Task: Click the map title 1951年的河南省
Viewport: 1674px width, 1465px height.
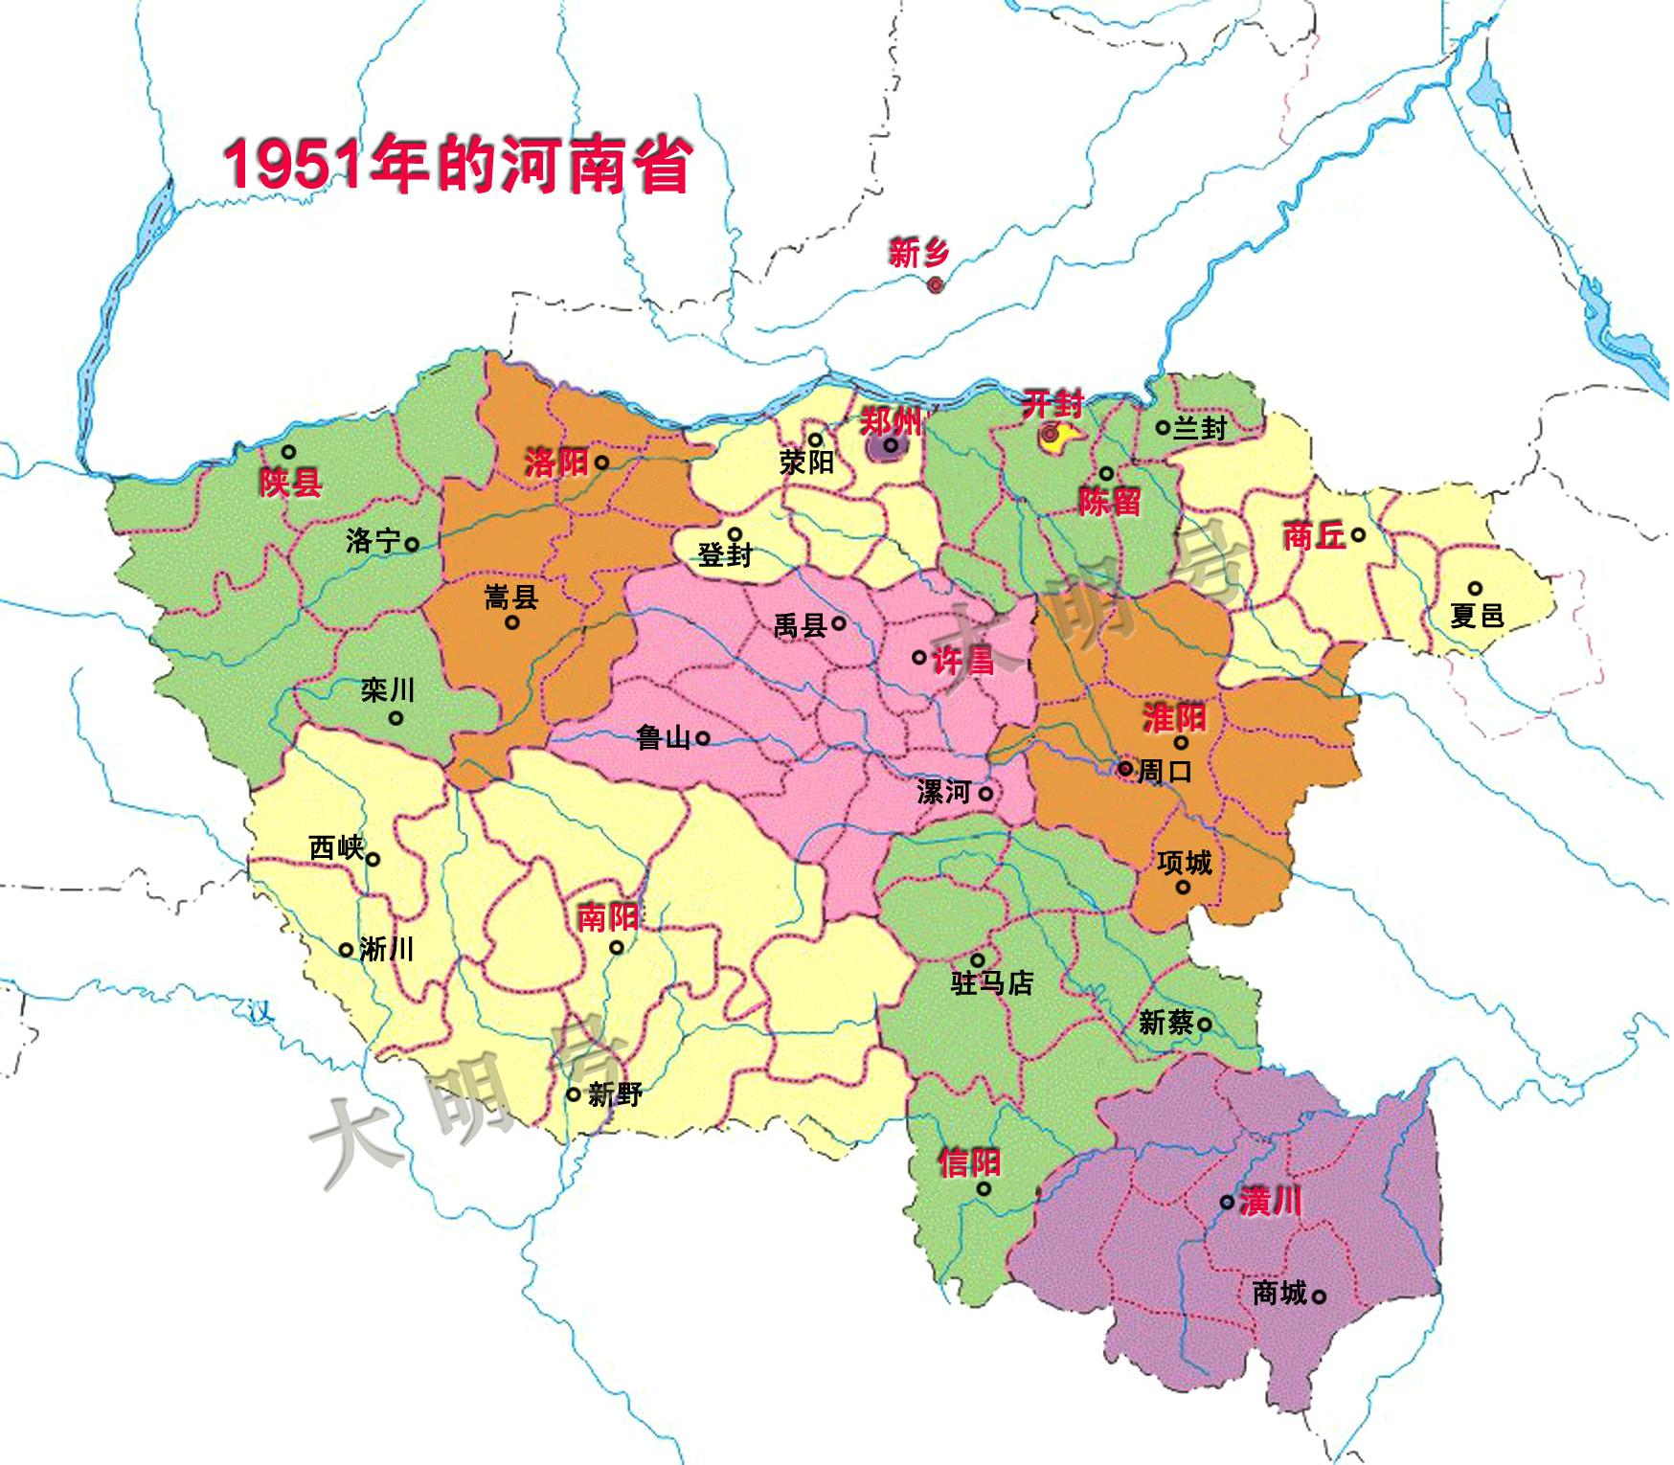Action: [x=459, y=164]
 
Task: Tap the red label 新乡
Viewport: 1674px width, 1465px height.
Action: [x=918, y=254]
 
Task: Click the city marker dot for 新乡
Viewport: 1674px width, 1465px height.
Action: [x=936, y=284]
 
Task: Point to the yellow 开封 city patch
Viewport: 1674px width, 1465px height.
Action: [x=1057, y=438]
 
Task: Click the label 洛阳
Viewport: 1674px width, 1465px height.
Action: [x=555, y=463]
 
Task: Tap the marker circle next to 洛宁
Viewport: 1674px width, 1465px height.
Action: [x=412, y=544]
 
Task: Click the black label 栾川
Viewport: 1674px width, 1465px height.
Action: [x=388, y=689]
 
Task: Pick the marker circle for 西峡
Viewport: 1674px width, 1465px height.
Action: [x=373, y=859]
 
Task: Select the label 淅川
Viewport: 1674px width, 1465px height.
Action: [x=387, y=949]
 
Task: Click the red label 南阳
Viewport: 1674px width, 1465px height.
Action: [x=607, y=917]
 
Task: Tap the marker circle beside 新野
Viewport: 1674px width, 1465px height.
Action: [x=574, y=1094]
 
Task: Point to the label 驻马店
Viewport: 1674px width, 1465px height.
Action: [x=991, y=983]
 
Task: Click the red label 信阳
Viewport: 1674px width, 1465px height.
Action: [x=969, y=1162]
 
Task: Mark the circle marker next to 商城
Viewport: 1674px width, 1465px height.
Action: [x=1319, y=1296]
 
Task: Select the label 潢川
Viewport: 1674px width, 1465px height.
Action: [x=1270, y=1202]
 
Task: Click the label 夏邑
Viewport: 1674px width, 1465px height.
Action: [x=1477, y=616]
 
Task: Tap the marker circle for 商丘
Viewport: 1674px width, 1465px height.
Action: [x=1358, y=535]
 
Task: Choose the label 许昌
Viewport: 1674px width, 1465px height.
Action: [x=963, y=659]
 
